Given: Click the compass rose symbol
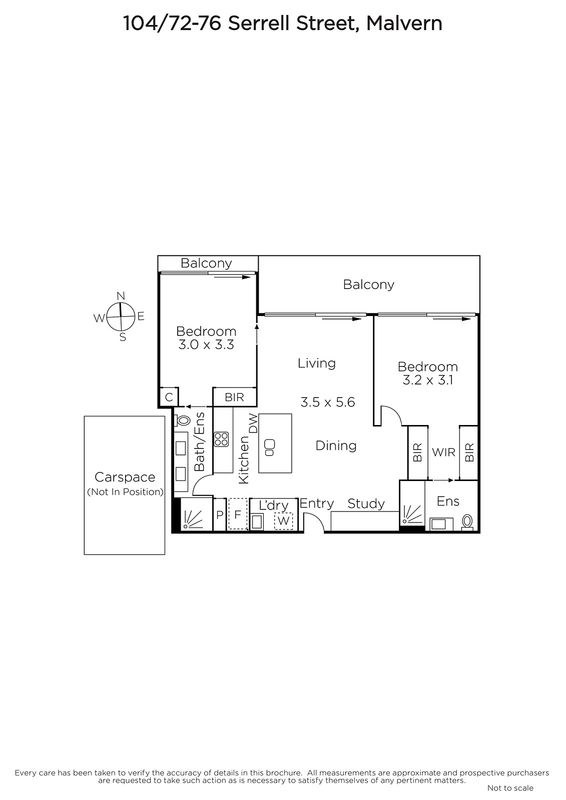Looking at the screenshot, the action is [121, 316].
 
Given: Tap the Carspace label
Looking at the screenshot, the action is [125, 477].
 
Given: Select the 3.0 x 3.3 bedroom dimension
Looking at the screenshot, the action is [206, 344].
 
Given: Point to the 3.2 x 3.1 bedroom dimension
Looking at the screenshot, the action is [428, 380].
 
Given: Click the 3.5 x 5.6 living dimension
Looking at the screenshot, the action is [328, 402].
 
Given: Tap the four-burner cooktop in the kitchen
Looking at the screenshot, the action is [221, 439].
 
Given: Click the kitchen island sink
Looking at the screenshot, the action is [270, 447].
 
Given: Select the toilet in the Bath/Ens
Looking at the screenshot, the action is [182, 420].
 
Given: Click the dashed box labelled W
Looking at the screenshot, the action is [284, 520].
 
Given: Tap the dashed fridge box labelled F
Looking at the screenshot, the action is [238, 514].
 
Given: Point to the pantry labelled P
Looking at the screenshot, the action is [220, 514].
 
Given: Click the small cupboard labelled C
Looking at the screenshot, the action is [169, 397].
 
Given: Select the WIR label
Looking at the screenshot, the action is [444, 452].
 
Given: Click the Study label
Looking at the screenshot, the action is [366, 504].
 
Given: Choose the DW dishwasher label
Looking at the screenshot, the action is [253, 423].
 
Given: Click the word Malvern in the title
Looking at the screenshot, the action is [404, 23].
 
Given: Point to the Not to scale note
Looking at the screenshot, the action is [510, 788].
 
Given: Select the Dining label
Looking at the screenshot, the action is [336, 446].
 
